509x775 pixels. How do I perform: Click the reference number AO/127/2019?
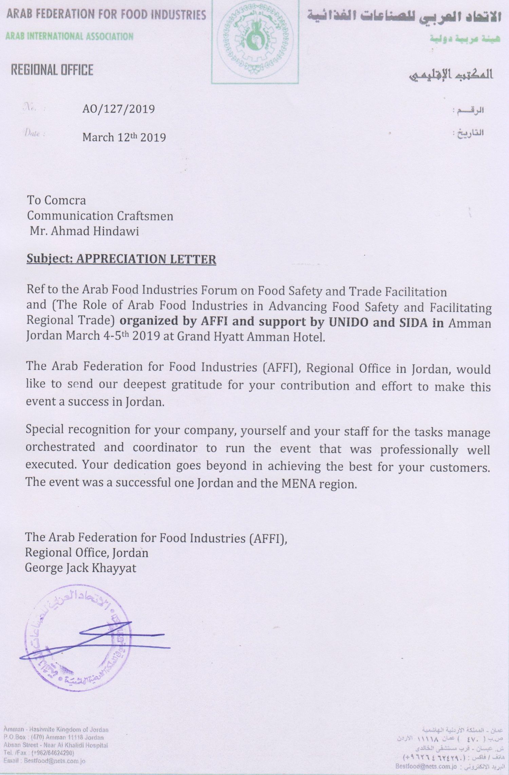(x=118, y=109)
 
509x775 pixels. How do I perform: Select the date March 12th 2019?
(x=124, y=137)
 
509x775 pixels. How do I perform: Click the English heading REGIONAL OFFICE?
(x=52, y=70)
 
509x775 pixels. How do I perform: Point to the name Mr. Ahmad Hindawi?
(x=84, y=231)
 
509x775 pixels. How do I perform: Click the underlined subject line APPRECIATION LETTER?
(x=121, y=259)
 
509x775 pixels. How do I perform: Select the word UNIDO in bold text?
(x=348, y=322)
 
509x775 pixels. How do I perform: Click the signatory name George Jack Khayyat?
(x=80, y=568)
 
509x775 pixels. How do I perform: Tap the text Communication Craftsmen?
(x=100, y=216)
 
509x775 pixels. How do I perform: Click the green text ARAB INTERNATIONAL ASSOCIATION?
(x=70, y=36)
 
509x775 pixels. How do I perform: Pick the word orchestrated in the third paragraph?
(x=60, y=447)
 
